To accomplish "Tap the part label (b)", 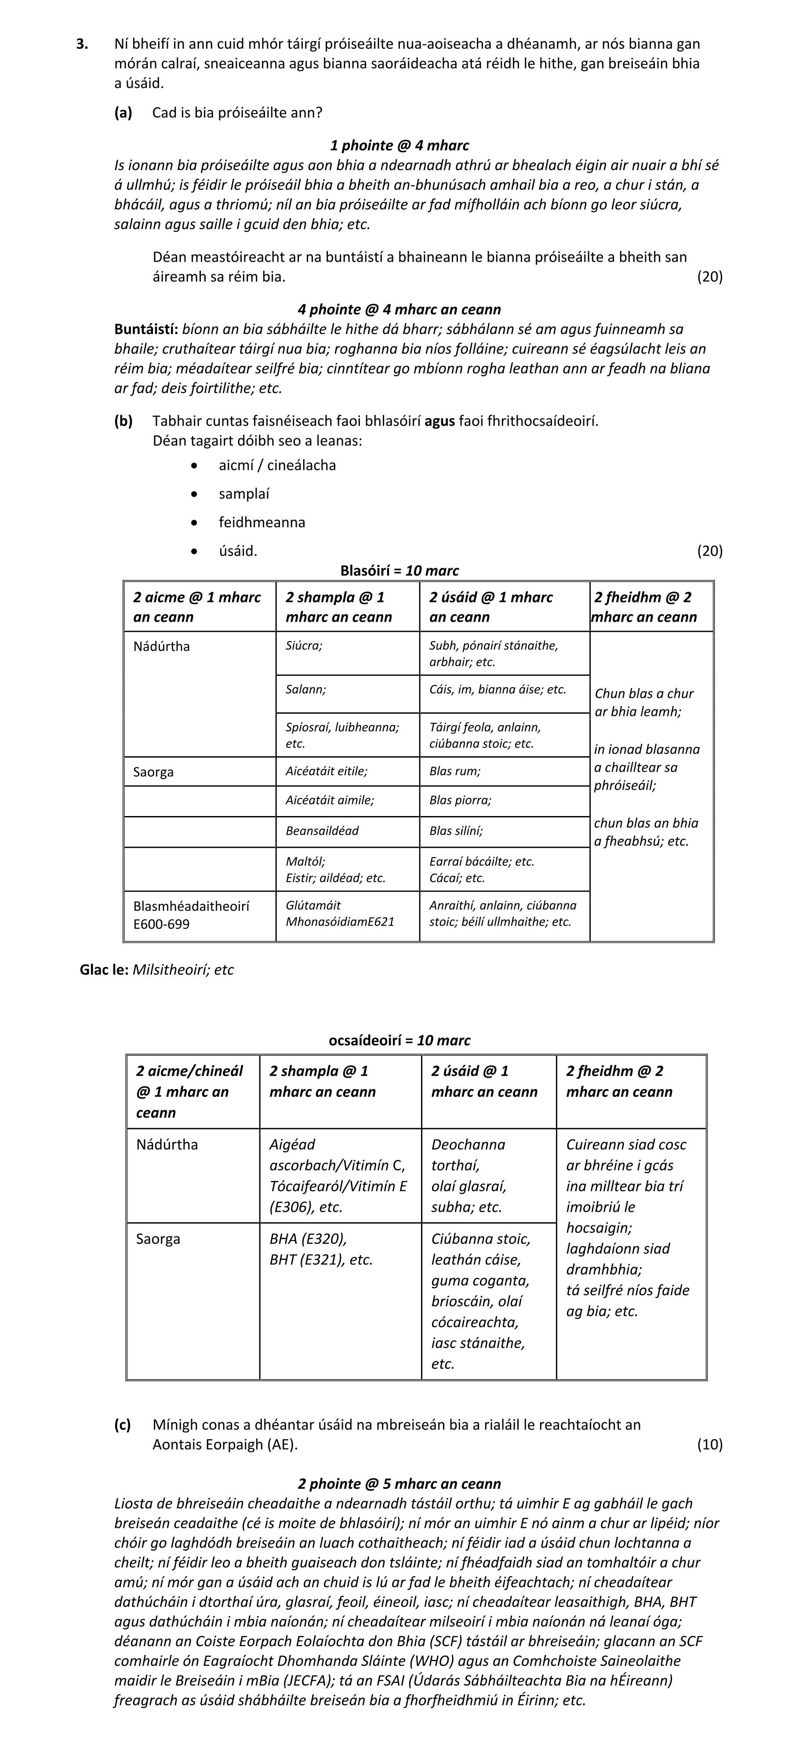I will tap(123, 421).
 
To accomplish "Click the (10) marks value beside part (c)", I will tap(709, 1444).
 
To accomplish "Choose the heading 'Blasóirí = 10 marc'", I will tap(399, 570).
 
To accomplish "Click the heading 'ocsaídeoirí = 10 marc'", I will tap(399, 1040).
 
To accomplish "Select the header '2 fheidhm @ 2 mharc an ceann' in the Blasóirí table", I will tap(645, 607).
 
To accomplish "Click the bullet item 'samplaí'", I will tap(244, 494).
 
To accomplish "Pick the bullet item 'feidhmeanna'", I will tap(261, 522).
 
